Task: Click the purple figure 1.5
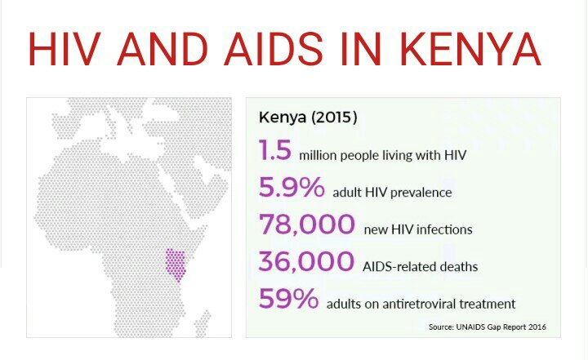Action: (275, 151)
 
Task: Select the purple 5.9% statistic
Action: (292, 189)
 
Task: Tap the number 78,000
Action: (307, 224)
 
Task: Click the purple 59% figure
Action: (288, 299)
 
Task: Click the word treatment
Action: (489, 304)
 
